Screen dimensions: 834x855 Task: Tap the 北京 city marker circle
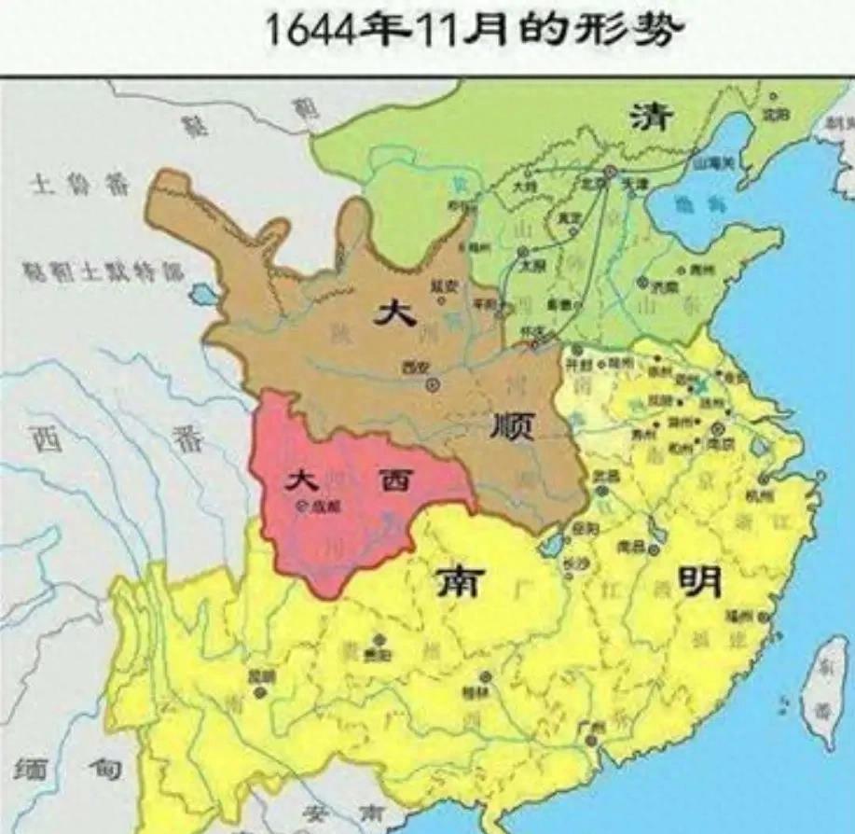click(x=610, y=172)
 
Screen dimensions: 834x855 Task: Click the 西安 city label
click(x=412, y=366)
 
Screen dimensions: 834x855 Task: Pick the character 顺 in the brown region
click(x=512, y=426)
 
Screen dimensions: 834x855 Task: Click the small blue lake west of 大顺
click(x=201, y=296)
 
